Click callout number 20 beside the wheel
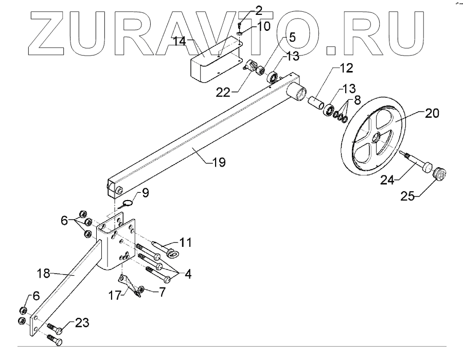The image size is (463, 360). pos(432,114)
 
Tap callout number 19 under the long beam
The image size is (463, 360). pos(219,163)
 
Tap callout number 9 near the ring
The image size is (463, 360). pos(145,194)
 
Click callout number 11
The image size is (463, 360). pos(185,242)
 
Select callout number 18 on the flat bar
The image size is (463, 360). pos(43,273)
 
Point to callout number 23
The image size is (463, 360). pos(82,323)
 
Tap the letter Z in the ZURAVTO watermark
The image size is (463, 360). pos(51,33)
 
